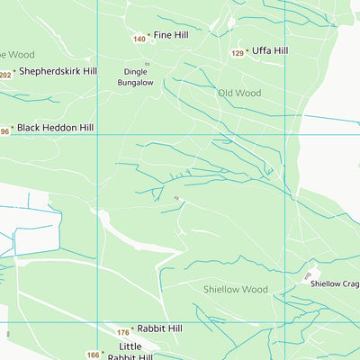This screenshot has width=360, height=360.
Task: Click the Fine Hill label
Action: (171, 35)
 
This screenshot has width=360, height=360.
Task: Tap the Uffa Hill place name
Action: (270, 51)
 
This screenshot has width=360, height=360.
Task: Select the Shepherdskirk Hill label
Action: (58, 70)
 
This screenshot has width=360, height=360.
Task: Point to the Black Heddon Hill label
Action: (55, 129)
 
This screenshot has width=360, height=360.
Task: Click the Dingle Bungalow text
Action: (136, 77)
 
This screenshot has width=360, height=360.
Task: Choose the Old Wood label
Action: (239, 93)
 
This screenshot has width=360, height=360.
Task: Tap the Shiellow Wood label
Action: (235, 289)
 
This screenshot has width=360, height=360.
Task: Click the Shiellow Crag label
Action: (335, 283)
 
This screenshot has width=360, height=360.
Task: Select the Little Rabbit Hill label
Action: (130, 352)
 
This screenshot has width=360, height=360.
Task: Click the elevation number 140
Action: (139, 39)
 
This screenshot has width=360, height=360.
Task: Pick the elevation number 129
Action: (237, 54)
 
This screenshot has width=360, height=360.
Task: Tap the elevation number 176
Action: (122, 333)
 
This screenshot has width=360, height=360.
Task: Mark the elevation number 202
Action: (5, 75)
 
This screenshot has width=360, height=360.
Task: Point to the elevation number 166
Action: (93, 355)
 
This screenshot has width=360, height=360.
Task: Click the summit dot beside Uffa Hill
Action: (248, 52)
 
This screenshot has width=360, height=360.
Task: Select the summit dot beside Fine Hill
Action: (149, 36)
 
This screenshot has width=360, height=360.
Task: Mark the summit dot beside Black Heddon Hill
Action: (13, 130)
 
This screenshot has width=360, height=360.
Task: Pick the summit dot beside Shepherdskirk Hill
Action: (15, 71)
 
